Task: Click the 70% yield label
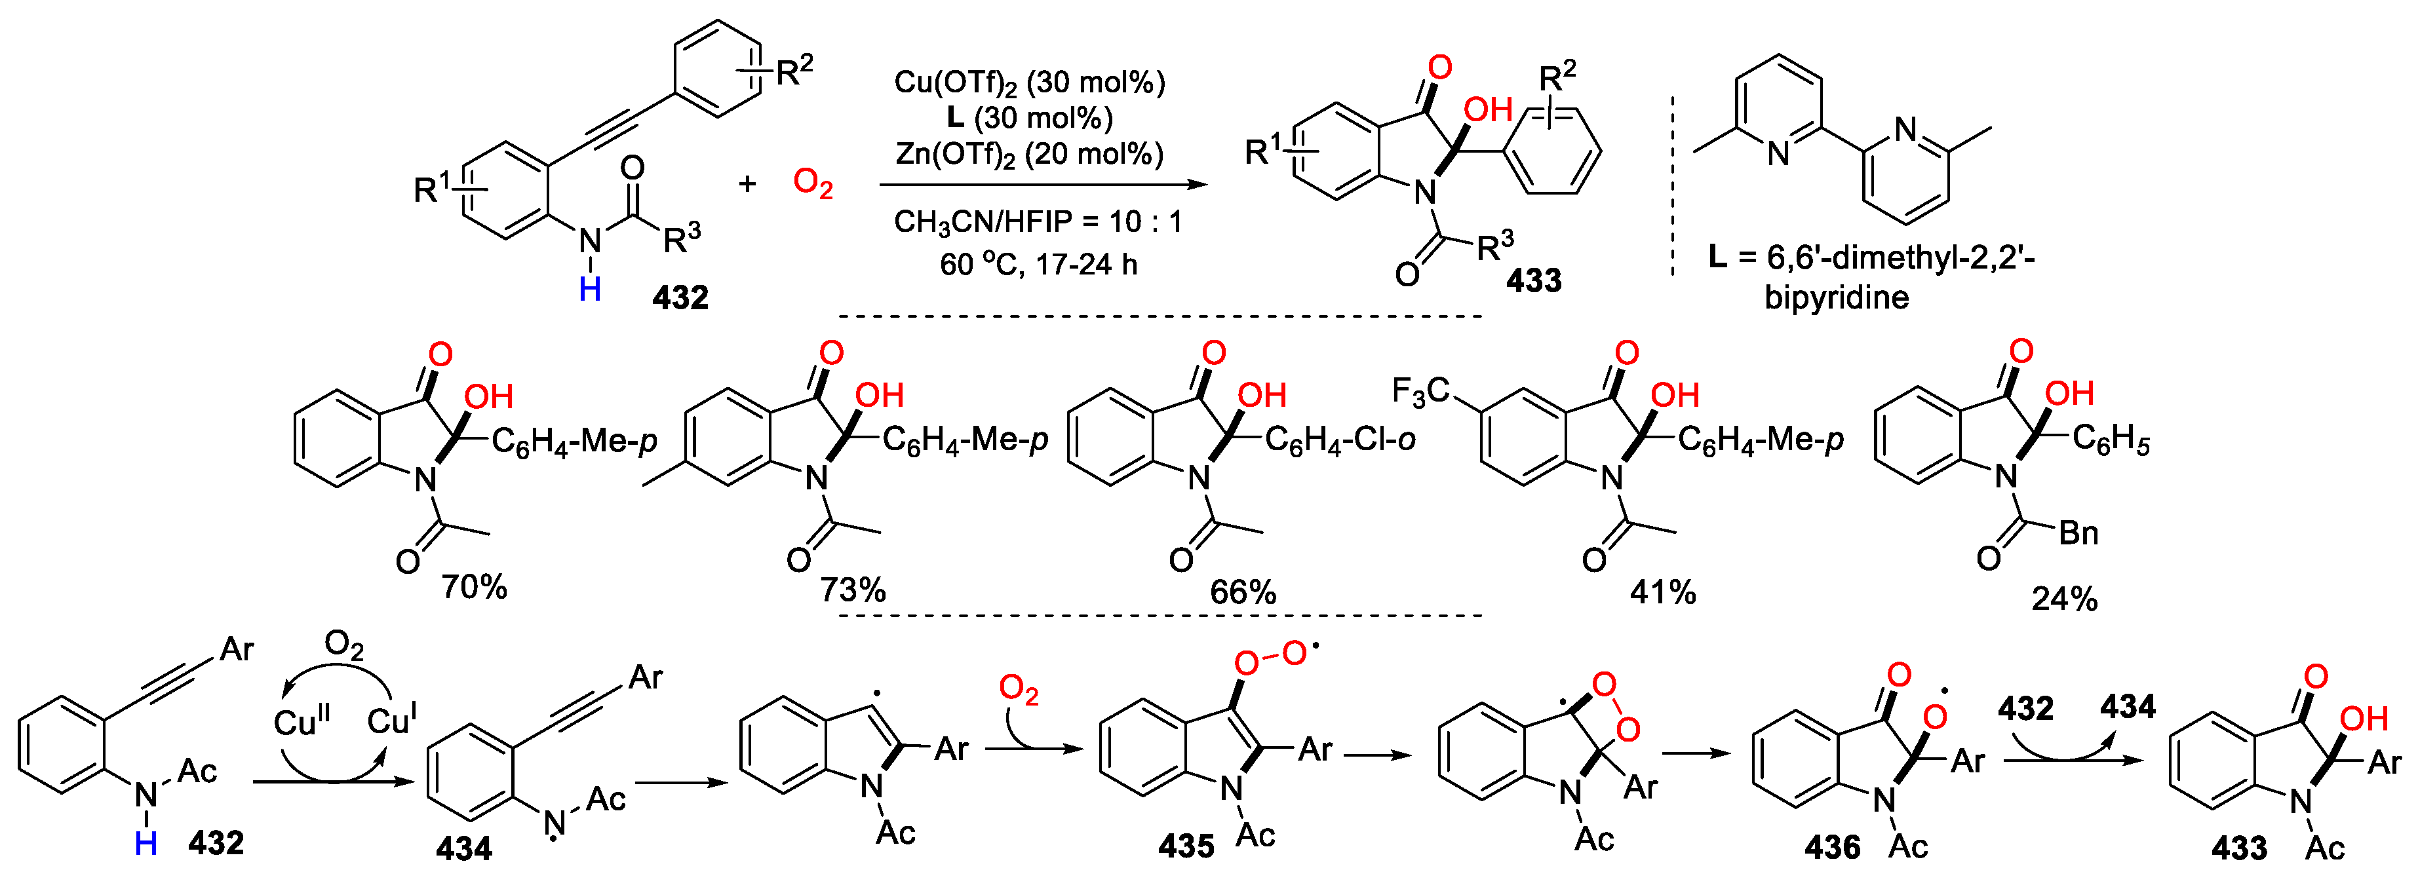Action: pyautogui.click(x=474, y=588)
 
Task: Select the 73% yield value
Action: pyautogui.click(x=852, y=590)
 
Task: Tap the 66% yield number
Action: pyautogui.click(x=1242, y=592)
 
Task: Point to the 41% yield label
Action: pyautogui.click(x=1662, y=592)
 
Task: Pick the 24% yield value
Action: pyautogui.click(x=2064, y=599)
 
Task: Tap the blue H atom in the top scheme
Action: pyautogui.click(x=589, y=289)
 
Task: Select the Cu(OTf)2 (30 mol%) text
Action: pyautogui.click(x=1029, y=83)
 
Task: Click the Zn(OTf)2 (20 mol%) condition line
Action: pyautogui.click(x=1029, y=154)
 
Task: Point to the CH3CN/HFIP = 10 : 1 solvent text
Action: pyautogui.click(x=1037, y=221)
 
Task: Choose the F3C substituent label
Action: pyautogui.click(x=1420, y=390)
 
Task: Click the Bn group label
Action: pyautogui.click(x=2078, y=533)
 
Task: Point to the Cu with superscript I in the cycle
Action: pyautogui.click(x=391, y=720)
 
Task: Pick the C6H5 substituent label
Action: pyautogui.click(x=2110, y=438)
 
